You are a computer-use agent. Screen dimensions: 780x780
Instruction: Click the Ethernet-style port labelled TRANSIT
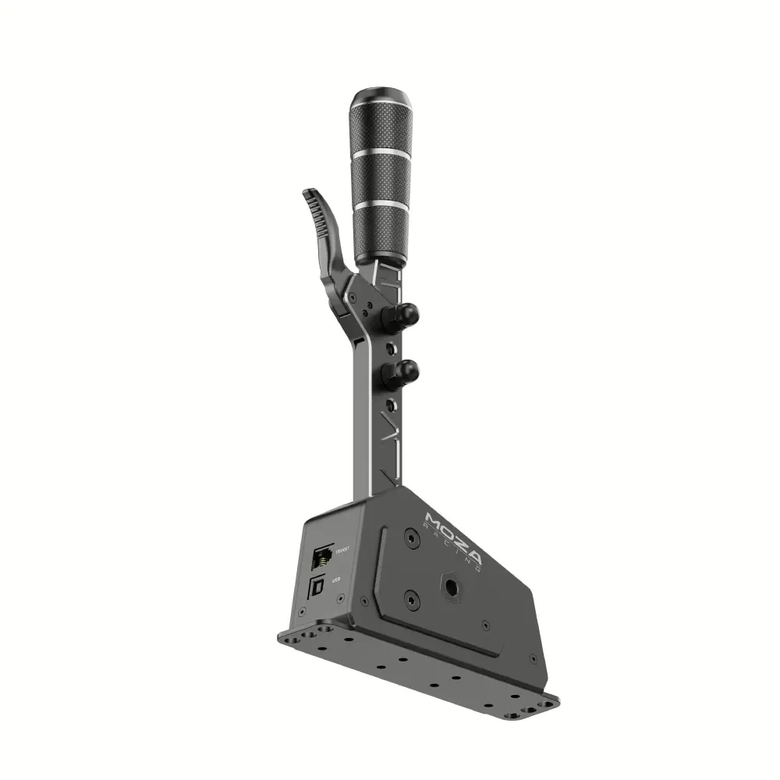321,557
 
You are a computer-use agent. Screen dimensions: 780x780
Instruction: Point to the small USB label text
336,580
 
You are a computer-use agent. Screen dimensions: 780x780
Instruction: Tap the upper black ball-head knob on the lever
406,314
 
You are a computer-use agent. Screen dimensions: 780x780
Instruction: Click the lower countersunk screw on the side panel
410,601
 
